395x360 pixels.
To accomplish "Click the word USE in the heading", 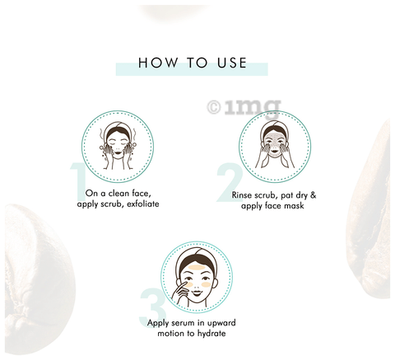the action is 232,63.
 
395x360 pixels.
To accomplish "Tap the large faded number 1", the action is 79,182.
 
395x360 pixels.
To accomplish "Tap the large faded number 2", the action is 230,182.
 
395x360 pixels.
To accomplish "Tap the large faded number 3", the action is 152,307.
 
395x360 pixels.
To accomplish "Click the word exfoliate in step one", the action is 143,204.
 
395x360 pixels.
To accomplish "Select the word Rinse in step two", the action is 241,195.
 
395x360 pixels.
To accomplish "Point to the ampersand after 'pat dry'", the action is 313,195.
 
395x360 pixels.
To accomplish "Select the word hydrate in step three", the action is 211,334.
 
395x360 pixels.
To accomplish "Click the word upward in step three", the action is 221,323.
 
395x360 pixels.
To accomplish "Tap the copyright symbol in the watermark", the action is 214,107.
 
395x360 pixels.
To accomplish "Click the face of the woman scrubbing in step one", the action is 118,145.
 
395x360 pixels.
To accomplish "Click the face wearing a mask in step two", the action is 274,143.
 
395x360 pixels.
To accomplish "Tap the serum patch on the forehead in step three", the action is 197,267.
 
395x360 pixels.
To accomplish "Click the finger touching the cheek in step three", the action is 182,286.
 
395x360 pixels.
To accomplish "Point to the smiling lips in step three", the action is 197,293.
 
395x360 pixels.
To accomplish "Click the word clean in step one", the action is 118,194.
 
